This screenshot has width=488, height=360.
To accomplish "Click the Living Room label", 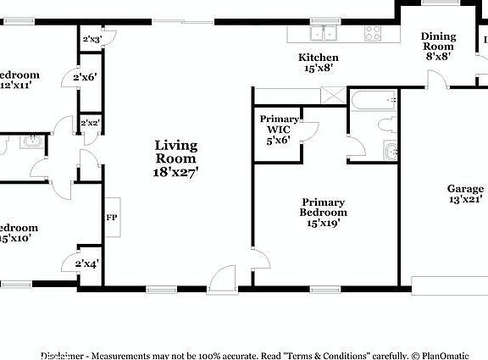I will [175, 158].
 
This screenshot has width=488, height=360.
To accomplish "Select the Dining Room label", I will [438, 47].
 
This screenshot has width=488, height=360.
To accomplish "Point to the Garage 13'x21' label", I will [465, 194].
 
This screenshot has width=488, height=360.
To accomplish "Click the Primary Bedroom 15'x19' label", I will [323, 208].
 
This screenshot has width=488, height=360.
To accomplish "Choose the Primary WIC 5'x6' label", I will [279, 130].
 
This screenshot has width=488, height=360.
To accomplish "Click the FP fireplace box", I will [112, 217].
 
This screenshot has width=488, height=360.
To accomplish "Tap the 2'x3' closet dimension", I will [91, 39].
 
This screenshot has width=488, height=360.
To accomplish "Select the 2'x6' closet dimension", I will [86, 78].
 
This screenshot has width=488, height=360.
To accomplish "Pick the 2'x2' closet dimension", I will [89, 124].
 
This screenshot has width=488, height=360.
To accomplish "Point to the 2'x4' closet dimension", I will [87, 263].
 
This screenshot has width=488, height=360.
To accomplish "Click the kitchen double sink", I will [323, 34].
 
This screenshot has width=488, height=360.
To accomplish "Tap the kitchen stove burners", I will [373, 33].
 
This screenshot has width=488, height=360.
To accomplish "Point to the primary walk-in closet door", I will [310, 131].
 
